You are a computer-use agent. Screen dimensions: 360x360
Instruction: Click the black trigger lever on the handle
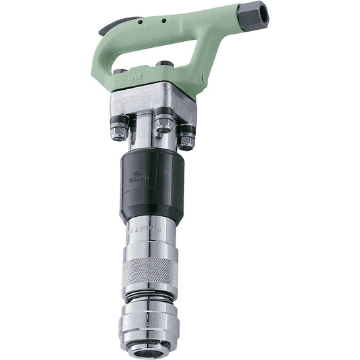point(111,28)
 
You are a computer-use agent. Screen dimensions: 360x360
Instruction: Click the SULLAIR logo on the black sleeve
point(138,178)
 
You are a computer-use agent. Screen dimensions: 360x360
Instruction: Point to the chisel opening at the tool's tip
point(149,351)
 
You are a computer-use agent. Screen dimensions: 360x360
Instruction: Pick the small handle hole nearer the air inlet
point(163,21)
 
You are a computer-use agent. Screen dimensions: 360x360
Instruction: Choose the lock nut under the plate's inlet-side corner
point(186,138)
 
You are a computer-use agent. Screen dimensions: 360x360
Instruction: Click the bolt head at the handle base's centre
point(164,66)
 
